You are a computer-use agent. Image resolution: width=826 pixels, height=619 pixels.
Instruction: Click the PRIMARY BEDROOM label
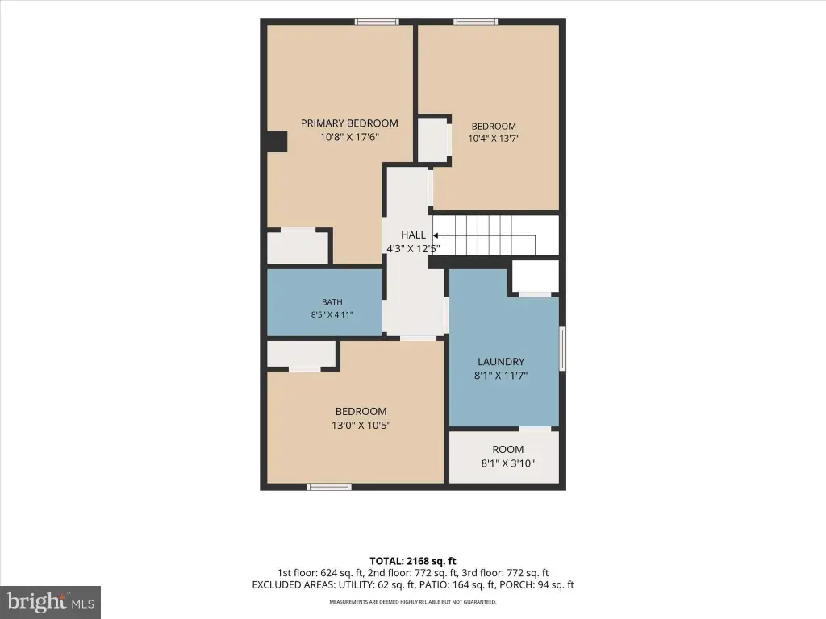pyautogui.click(x=349, y=123)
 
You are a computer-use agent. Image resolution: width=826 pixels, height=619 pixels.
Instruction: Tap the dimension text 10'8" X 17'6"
pyautogui.click(x=349, y=137)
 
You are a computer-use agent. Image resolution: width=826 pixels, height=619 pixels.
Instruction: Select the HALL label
pyautogui.click(x=413, y=235)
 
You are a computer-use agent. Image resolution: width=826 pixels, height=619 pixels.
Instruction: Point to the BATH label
pyautogui.click(x=332, y=302)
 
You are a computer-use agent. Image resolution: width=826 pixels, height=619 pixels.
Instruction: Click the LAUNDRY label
pyautogui.click(x=501, y=362)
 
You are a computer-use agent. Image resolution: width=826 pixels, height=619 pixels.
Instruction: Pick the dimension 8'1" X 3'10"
pyautogui.click(x=508, y=463)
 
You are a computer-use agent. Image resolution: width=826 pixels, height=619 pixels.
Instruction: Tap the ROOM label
pyautogui.click(x=508, y=450)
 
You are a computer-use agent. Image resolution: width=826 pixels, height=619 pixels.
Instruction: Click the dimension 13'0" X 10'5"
pyautogui.click(x=361, y=426)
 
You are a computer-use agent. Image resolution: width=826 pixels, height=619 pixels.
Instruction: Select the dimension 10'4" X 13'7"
pyautogui.click(x=494, y=139)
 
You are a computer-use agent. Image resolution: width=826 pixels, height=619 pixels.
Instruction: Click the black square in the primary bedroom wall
pyautogui.click(x=277, y=142)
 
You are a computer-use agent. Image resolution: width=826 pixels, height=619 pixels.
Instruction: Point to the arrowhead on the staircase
pyautogui.click(x=436, y=235)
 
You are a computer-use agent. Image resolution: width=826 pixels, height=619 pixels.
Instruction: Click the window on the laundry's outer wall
pyautogui.click(x=562, y=348)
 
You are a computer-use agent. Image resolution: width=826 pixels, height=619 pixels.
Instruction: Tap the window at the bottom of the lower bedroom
pyautogui.click(x=329, y=487)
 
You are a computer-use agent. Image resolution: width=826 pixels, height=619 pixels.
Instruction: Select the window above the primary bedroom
pyautogui.click(x=377, y=22)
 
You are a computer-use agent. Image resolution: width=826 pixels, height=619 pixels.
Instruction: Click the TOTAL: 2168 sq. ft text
pyautogui.click(x=413, y=561)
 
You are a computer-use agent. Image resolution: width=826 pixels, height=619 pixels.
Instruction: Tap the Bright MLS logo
pyautogui.click(x=50, y=602)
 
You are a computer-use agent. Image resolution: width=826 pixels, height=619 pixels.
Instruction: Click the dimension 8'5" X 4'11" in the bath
pyautogui.click(x=332, y=315)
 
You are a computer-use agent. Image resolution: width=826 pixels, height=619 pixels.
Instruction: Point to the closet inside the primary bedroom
pyautogui.click(x=298, y=247)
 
